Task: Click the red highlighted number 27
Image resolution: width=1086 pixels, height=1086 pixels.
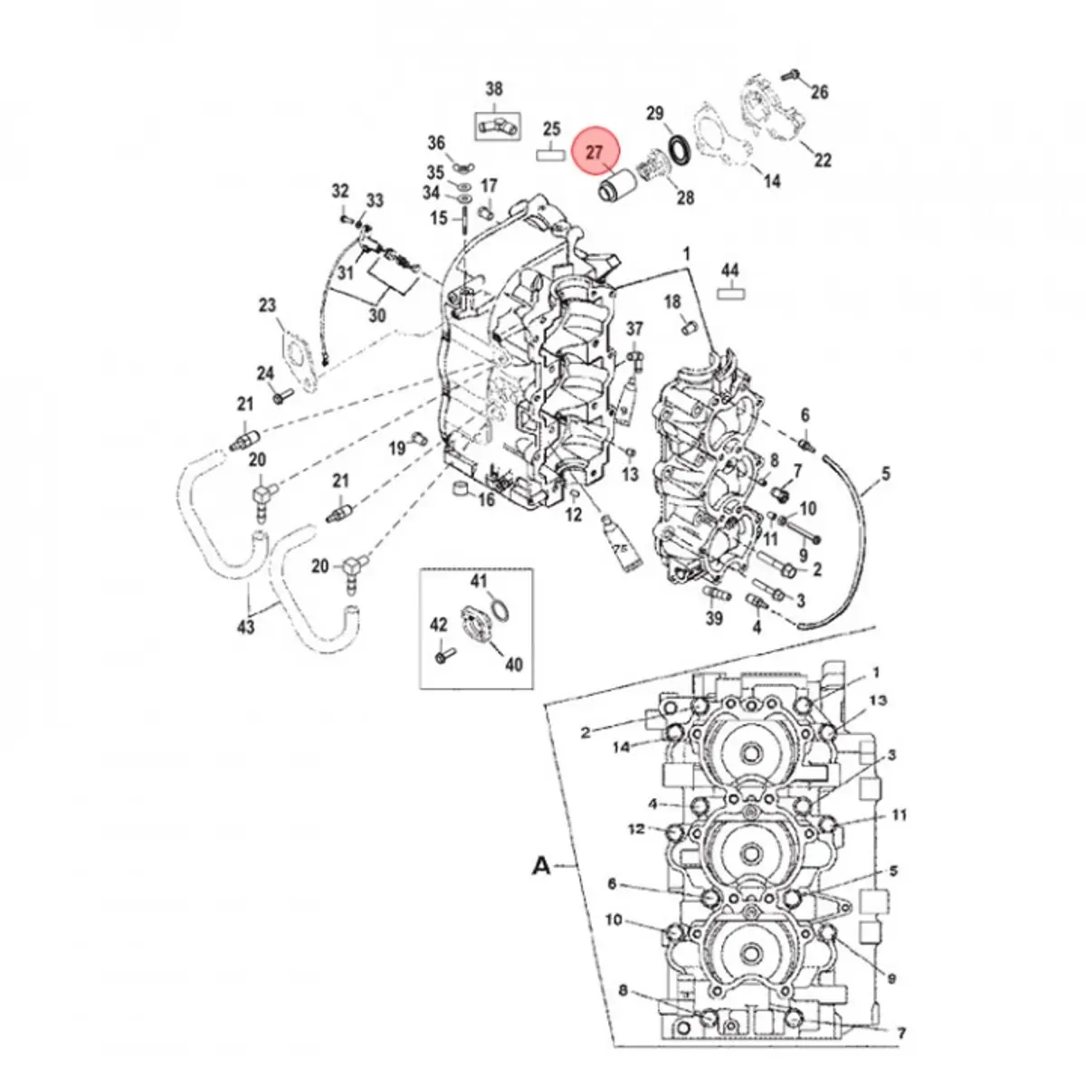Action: click(595, 153)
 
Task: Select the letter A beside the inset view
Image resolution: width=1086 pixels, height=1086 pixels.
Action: click(540, 866)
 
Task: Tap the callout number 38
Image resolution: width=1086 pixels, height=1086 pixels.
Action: click(494, 89)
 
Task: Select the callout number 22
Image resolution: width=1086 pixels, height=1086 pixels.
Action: click(822, 160)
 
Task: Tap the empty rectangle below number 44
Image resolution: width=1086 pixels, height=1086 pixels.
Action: click(729, 292)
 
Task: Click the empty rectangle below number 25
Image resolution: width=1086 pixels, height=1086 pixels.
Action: click(551, 154)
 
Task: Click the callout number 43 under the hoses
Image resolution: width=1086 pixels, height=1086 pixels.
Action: click(246, 625)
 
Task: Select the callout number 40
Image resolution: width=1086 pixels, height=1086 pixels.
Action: click(513, 665)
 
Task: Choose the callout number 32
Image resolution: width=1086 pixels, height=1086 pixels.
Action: click(339, 191)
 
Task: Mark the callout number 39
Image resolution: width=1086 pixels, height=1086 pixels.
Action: click(715, 618)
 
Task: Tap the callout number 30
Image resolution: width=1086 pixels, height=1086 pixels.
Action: click(376, 316)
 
